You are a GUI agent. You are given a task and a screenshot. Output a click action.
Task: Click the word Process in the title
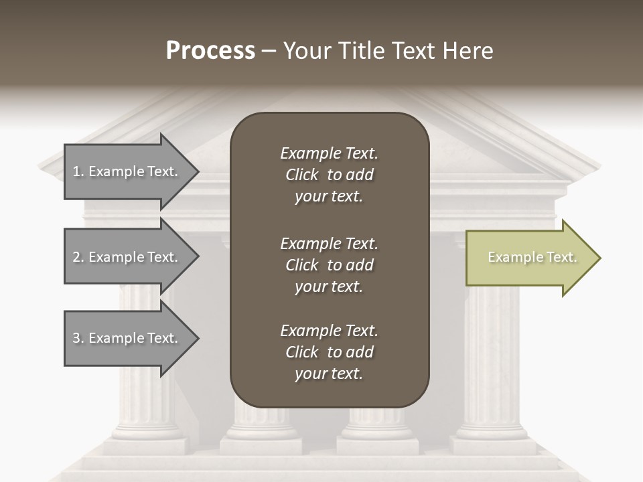point(210,51)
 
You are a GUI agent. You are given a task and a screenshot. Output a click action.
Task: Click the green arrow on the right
point(529,258)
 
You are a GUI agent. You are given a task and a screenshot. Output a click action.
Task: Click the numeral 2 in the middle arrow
point(76,257)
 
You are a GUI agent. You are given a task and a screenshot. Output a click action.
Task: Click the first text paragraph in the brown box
point(329,175)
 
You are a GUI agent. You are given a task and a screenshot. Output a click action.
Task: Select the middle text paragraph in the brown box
point(329,265)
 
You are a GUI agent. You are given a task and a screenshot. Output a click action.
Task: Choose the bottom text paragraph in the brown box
point(329,352)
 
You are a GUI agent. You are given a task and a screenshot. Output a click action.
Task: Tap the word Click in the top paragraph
point(302,175)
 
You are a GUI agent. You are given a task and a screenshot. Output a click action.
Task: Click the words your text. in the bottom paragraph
point(329,374)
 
